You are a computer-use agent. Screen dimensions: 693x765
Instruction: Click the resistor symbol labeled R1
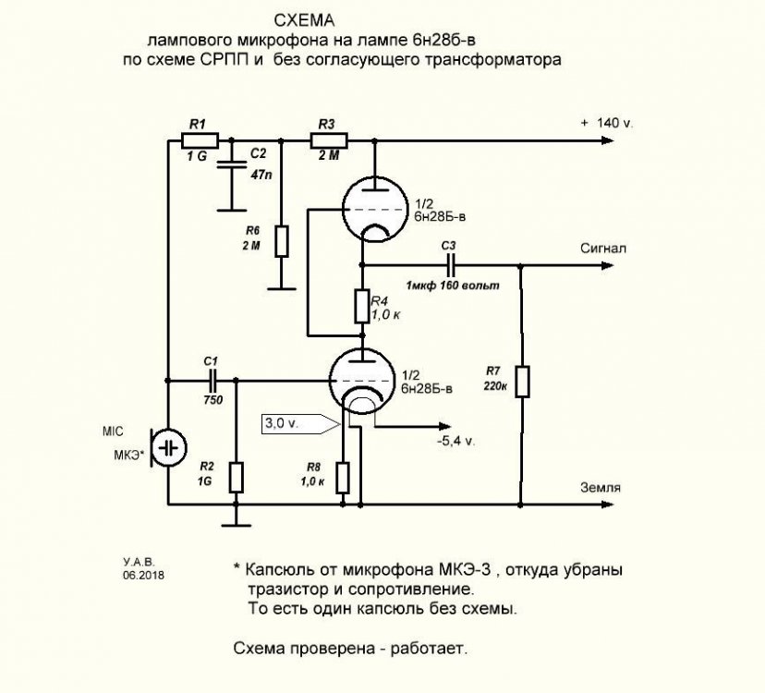200,140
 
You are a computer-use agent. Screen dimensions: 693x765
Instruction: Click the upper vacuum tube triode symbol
370,208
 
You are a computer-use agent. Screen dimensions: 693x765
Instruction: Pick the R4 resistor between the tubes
362,305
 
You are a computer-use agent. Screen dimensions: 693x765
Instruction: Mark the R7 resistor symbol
522,382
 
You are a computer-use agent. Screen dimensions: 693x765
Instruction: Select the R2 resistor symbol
236,477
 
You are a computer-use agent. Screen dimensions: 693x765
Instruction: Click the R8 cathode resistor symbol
344,478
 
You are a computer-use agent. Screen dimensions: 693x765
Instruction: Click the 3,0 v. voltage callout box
294,423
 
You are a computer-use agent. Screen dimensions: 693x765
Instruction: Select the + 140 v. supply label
605,122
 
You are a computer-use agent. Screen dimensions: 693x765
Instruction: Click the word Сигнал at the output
604,249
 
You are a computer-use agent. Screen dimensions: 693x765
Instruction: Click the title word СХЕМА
310,20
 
